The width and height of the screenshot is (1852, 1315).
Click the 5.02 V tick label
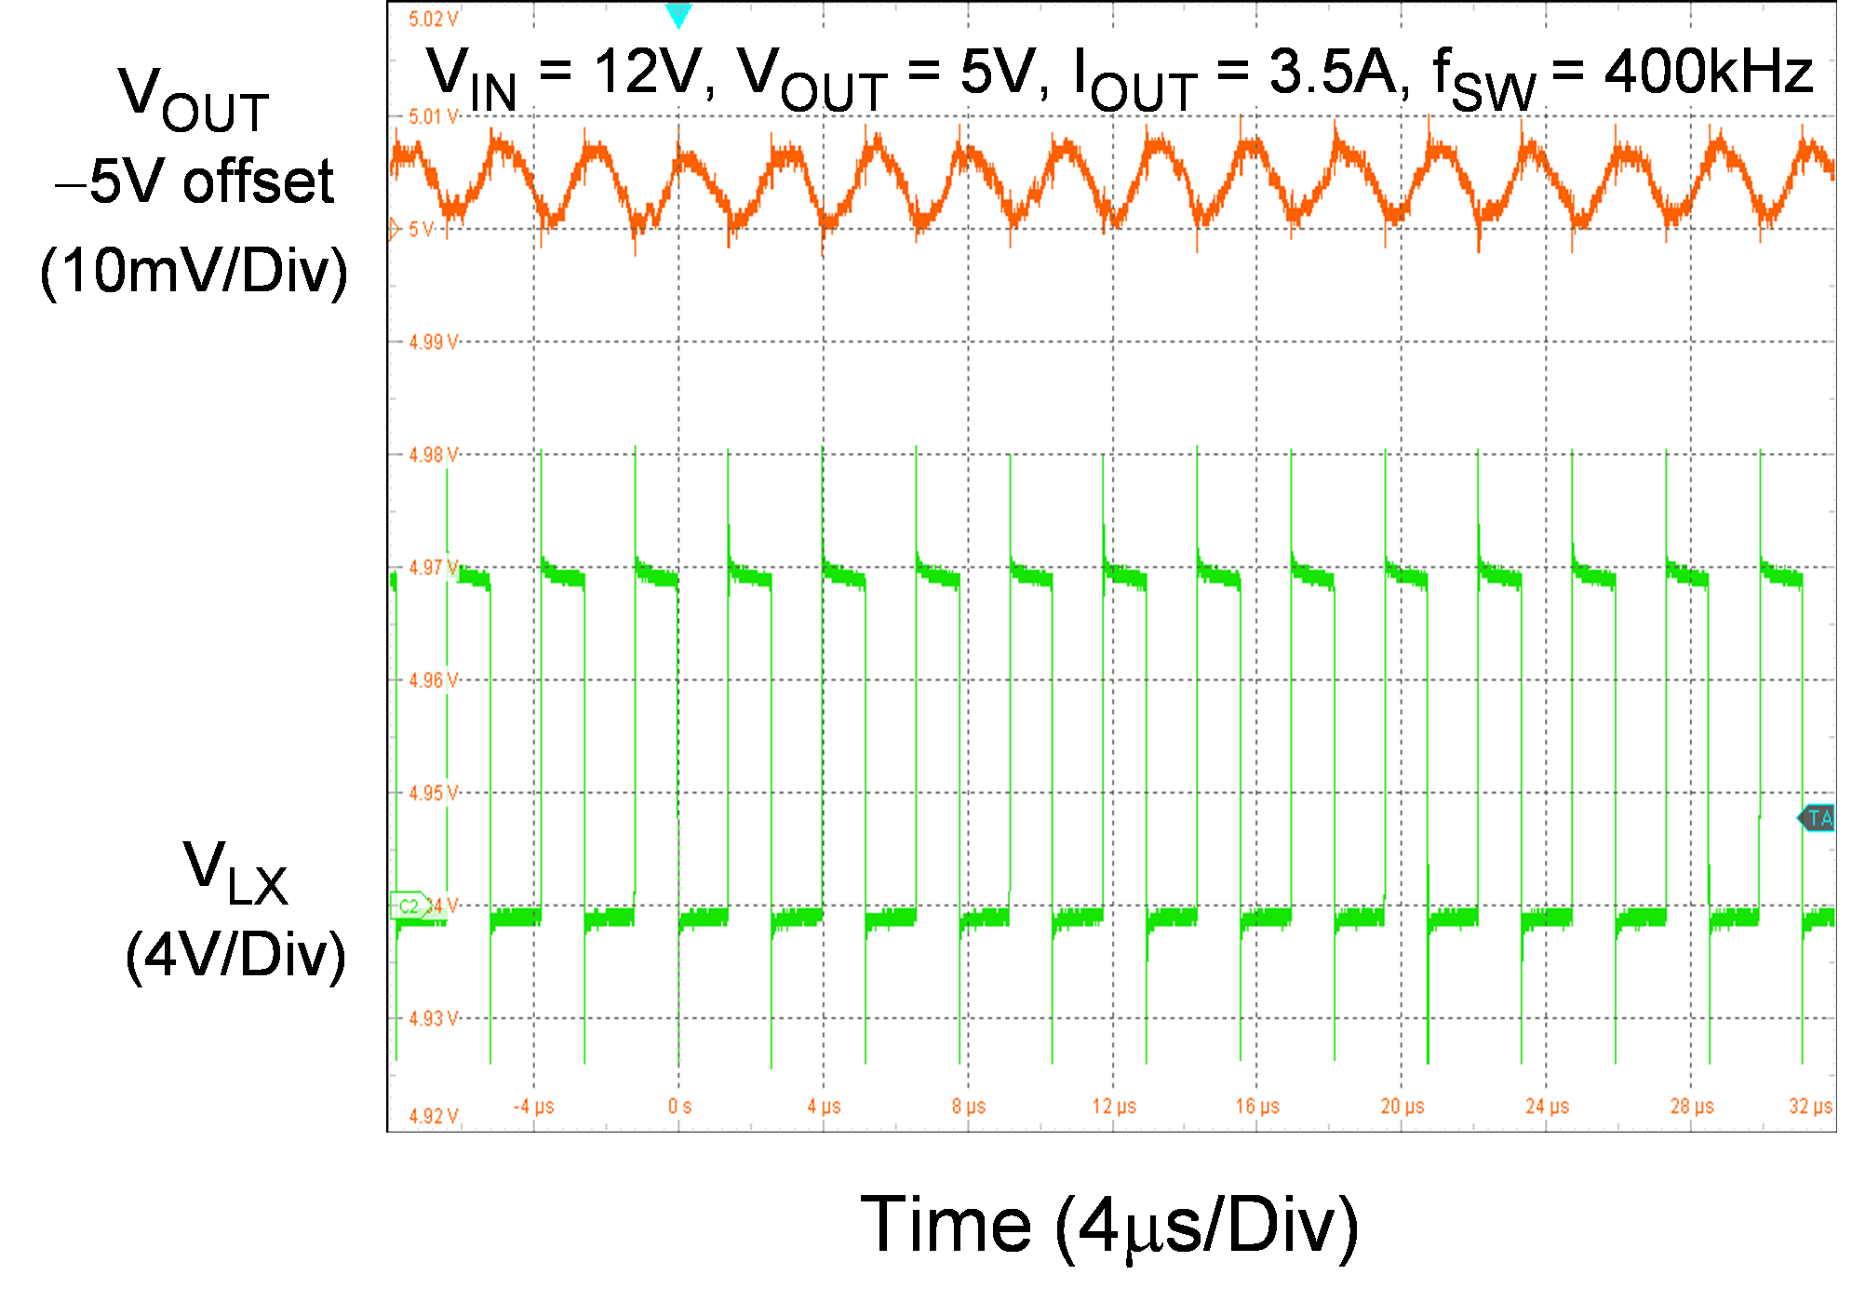[x=433, y=19]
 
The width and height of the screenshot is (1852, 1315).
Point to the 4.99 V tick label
[x=434, y=342]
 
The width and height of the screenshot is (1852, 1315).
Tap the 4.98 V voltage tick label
[x=434, y=455]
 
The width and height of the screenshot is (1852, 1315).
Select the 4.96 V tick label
[x=434, y=680]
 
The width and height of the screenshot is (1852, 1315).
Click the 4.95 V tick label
[x=434, y=793]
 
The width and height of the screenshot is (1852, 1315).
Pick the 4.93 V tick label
[x=434, y=1018]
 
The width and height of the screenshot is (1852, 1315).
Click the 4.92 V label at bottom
[x=434, y=1116]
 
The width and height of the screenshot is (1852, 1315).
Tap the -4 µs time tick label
[x=533, y=1107]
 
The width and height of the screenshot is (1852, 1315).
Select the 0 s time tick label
[x=679, y=1107]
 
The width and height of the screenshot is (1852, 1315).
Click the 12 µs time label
[x=1114, y=1107]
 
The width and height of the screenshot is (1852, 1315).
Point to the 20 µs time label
[x=1402, y=1107]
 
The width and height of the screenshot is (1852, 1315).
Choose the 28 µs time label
[x=1692, y=1107]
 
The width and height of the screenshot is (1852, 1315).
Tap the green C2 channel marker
[x=410, y=906]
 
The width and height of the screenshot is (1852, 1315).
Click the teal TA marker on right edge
[x=1817, y=818]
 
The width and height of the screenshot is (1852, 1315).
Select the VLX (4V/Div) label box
[x=236, y=907]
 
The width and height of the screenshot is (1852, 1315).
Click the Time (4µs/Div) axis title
[x=1109, y=1223]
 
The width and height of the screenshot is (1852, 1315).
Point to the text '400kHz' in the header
[x=1709, y=73]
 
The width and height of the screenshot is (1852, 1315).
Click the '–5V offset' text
[x=195, y=181]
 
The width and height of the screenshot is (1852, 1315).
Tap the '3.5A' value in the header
[x=1333, y=73]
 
